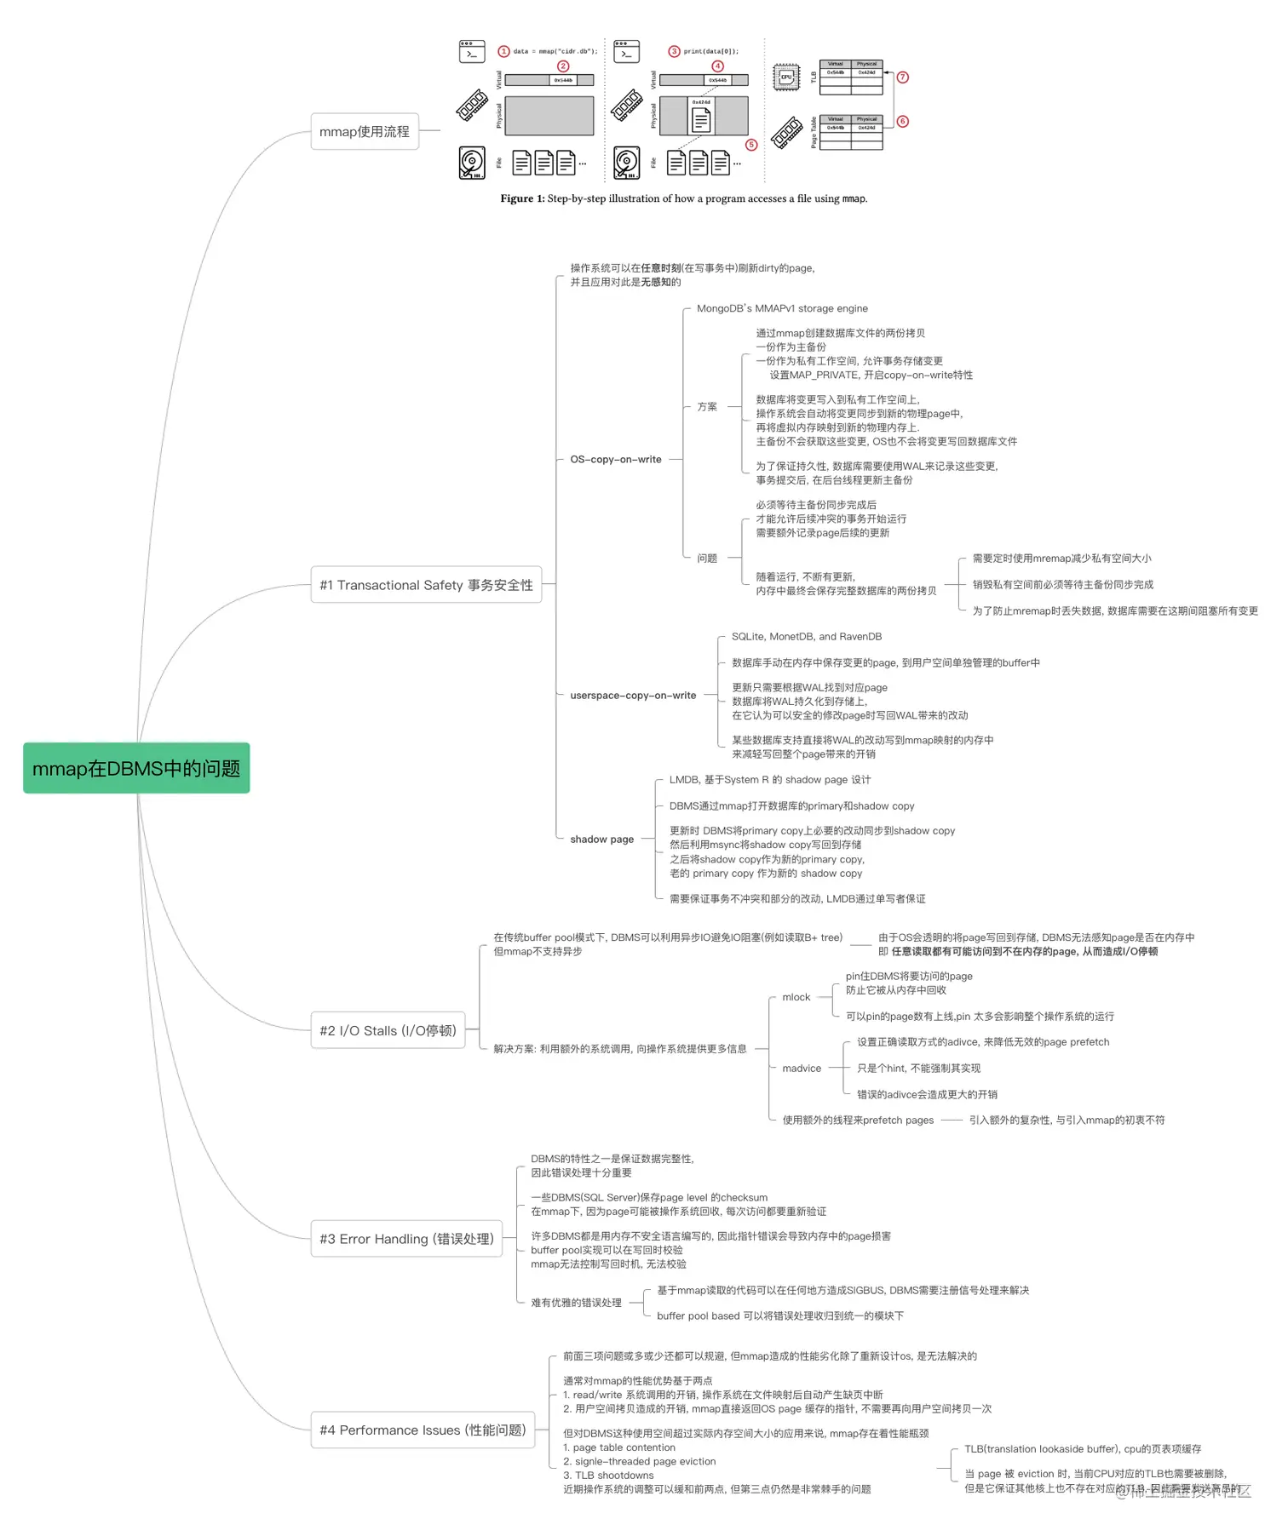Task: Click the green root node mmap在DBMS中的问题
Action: point(136,768)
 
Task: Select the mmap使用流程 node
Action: point(365,131)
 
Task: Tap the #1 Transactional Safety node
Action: point(426,585)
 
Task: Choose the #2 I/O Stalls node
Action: point(388,1030)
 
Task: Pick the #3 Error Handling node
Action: point(406,1239)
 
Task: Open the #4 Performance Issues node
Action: point(423,1430)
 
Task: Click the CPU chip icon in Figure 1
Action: point(785,77)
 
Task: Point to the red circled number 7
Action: point(903,77)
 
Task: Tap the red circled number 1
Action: point(503,51)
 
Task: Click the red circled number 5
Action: point(751,145)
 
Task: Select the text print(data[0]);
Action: point(710,51)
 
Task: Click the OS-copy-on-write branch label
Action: point(615,459)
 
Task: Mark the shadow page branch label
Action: point(601,839)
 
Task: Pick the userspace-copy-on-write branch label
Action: point(633,695)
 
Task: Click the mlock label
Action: point(796,997)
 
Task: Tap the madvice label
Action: point(802,1068)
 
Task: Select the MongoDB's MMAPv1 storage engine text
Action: point(782,308)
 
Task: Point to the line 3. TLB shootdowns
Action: point(608,1475)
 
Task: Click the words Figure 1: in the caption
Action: point(521,198)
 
